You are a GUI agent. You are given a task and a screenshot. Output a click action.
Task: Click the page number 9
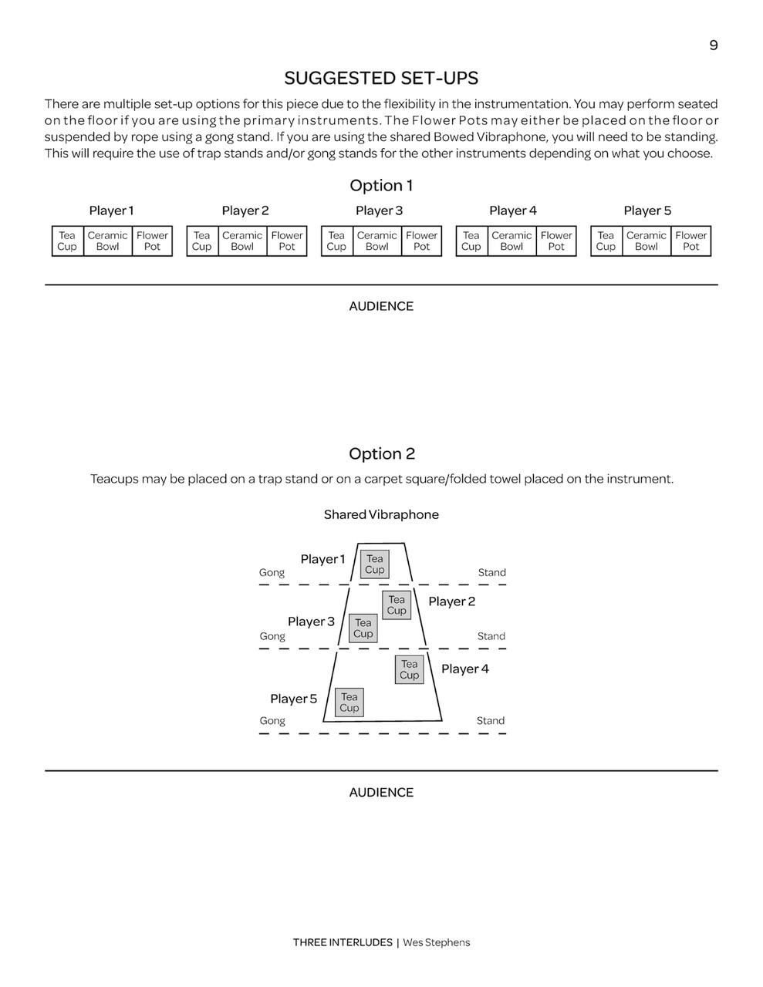[x=713, y=45]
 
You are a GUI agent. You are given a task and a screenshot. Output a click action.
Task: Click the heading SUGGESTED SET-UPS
[x=381, y=79]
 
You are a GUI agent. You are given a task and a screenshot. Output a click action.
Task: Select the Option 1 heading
[x=381, y=186]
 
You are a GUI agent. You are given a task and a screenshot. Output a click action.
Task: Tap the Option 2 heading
[x=381, y=454]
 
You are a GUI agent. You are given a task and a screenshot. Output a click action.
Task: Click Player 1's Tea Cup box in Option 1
[x=67, y=241]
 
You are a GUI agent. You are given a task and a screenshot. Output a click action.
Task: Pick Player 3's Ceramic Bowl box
[x=376, y=241]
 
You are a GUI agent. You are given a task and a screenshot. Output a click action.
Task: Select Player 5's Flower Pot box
[x=690, y=241]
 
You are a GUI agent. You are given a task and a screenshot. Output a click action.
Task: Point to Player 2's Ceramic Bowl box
[x=242, y=241]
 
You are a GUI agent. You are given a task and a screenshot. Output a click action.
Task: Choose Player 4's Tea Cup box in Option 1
[x=471, y=241]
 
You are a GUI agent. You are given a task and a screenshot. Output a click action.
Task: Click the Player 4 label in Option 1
[x=512, y=211]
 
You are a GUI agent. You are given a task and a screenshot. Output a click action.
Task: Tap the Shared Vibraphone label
[x=381, y=515]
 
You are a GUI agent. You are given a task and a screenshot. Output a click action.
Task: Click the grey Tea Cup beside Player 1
[x=374, y=564]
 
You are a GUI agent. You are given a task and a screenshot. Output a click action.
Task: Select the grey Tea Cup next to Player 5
[x=349, y=702]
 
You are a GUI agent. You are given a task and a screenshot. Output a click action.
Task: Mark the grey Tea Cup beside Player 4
[x=409, y=669]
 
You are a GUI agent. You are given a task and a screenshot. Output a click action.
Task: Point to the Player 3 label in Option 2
[x=311, y=622]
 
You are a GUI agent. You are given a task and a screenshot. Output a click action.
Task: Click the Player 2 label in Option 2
[x=451, y=601]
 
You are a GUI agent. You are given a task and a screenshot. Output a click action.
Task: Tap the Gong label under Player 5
[x=272, y=721]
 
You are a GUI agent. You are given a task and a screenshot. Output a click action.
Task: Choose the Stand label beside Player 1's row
[x=491, y=573]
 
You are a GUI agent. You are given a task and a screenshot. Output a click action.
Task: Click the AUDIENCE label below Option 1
[x=381, y=306]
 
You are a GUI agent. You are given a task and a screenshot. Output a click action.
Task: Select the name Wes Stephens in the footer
[x=436, y=942]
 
